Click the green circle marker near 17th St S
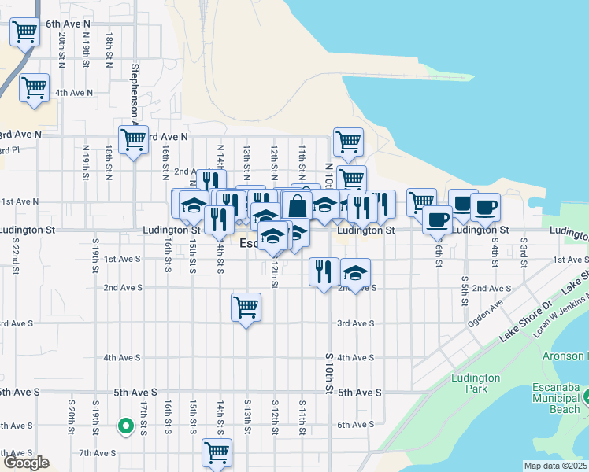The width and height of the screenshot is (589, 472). (124, 426)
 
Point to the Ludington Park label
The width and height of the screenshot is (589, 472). (476, 383)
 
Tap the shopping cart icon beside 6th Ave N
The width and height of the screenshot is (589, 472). (25, 32)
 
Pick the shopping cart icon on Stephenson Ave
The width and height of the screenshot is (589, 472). (133, 140)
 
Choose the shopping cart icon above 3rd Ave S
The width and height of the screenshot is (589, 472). (246, 307)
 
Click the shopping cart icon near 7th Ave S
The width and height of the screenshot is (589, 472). (217, 453)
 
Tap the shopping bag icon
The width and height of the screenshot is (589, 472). (298, 207)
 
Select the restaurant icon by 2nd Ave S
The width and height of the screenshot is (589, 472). (324, 271)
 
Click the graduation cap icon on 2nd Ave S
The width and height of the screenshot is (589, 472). (356, 273)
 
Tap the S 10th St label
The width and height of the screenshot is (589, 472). (329, 374)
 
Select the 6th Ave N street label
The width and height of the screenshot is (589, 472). (68, 24)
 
